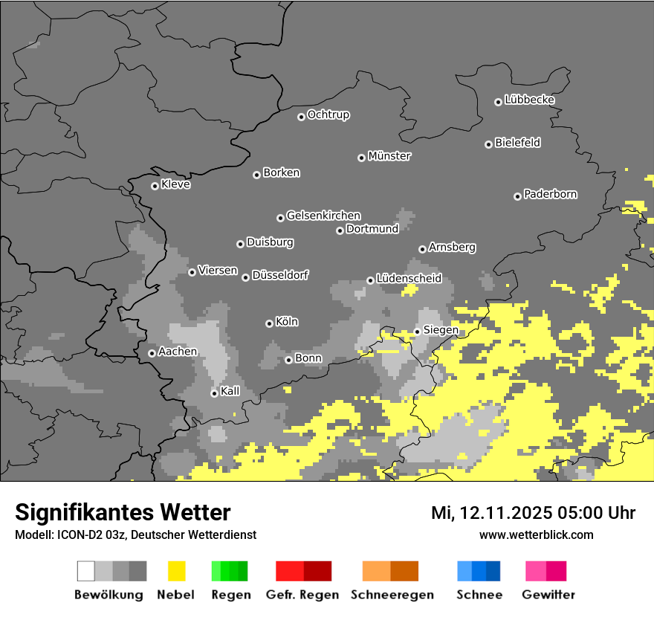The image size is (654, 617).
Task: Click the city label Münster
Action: [x=389, y=156]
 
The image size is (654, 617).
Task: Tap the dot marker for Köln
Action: [x=269, y=323]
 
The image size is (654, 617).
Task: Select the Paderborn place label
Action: [x=551, y=194]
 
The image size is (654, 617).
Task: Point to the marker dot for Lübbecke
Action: [x=498, y=102]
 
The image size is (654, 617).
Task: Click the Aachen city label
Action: [x=178, y=352]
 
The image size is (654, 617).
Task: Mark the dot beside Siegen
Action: [x=417, y=332]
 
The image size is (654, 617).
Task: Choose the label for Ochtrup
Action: [x=328, y=114]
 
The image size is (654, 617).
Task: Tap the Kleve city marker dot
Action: [x=155, y=186]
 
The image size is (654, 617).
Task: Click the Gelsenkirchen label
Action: [x=323, y=216]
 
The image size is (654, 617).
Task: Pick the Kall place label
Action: [x=230, y=391]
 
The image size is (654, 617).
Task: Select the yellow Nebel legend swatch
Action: [x=176, y=571]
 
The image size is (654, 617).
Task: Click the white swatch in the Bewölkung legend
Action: [x=86, y=571]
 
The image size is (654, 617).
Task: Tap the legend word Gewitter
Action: [x=548, y=595]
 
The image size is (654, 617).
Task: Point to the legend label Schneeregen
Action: [x=390, y=595]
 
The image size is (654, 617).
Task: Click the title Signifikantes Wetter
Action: [x=123, y=512]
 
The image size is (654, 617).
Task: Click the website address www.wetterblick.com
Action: [x=537, y=534]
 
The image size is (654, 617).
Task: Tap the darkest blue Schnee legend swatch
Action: [x=493, y=571]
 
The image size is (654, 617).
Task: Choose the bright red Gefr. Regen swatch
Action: [x=290, y=571]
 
